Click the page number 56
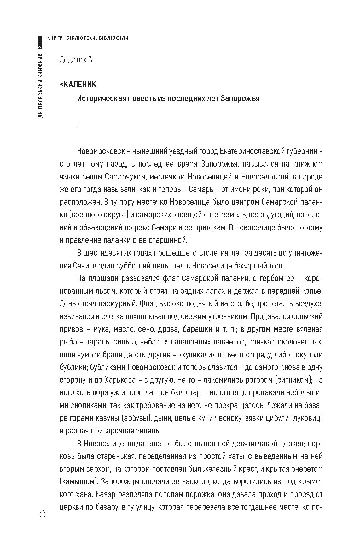tap(43, 513)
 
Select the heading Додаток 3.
tap(76, 60)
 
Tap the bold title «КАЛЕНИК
tap(78, 84)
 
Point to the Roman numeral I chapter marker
tap(78, 125)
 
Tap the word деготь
tap(133, 354)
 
